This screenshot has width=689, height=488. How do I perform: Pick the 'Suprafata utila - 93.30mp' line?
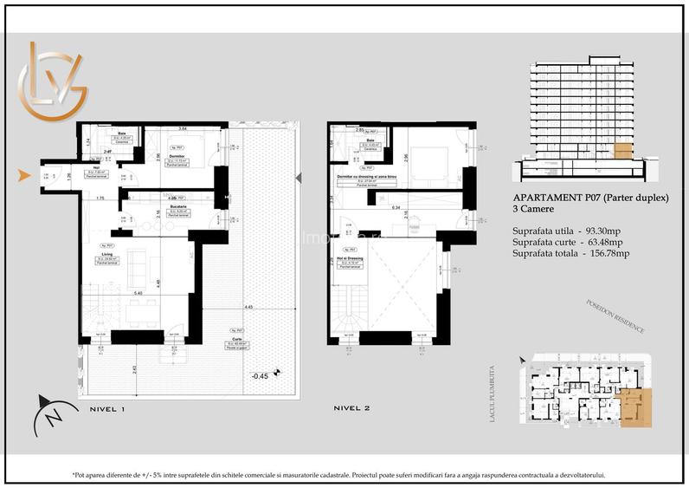point(572,231)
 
